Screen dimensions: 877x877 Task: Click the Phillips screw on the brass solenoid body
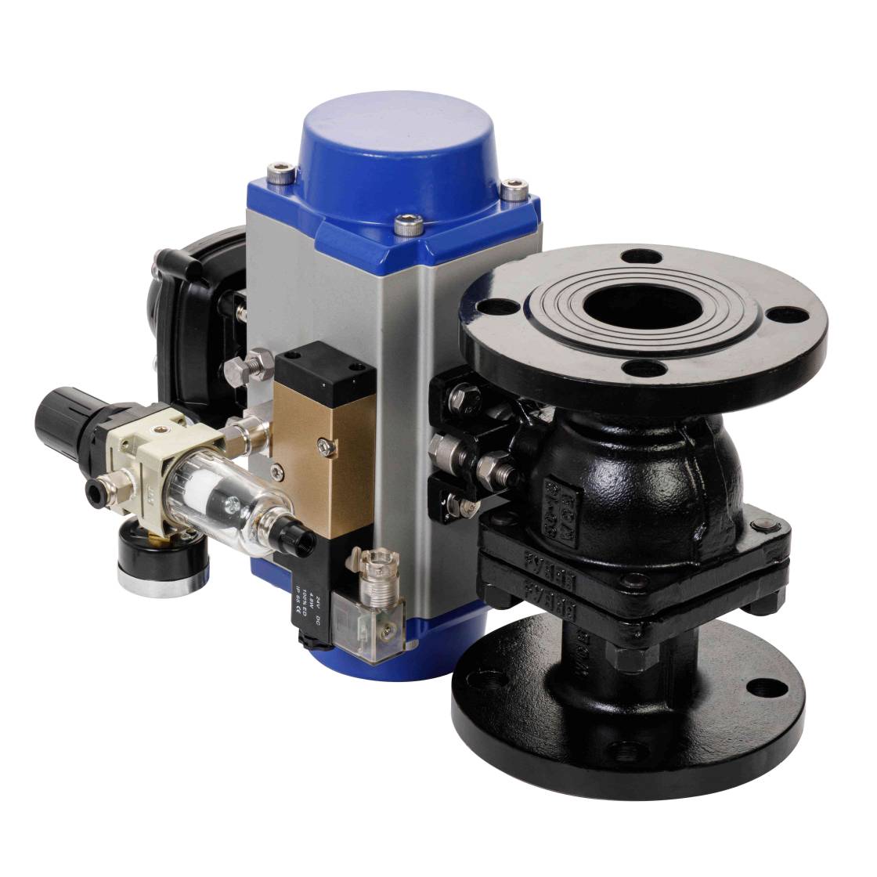326,447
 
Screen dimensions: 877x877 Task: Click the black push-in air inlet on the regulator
97,492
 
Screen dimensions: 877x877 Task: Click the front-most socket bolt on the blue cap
408,226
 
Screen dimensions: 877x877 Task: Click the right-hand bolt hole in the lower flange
760,689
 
